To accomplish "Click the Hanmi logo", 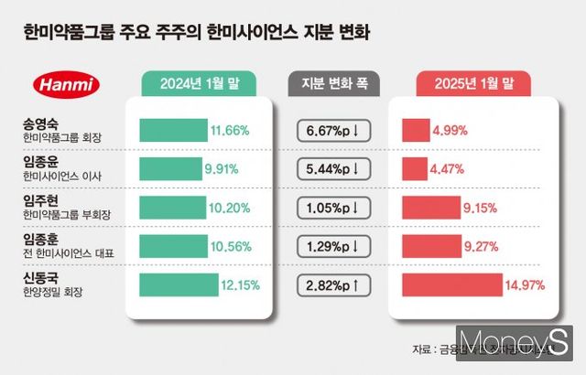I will coord(66,85).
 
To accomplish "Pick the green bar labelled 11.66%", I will coord(173,130).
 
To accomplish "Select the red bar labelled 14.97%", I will coord(451,284).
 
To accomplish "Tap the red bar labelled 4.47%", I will coord(415,169).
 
